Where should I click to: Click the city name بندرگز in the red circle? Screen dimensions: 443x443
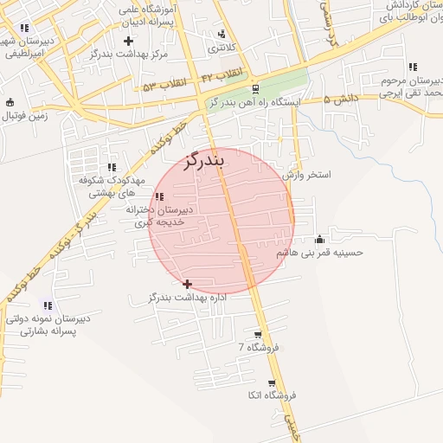204,160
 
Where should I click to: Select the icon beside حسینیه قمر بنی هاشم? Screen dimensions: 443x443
320,239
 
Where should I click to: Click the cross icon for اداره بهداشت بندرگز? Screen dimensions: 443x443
188,284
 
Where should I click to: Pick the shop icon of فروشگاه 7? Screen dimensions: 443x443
258,334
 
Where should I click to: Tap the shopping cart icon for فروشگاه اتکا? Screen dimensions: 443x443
272,383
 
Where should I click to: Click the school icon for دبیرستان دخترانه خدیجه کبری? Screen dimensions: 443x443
158,197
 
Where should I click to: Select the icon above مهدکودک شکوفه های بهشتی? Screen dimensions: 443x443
111,168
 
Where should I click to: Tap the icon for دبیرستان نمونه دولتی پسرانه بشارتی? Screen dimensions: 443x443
47,305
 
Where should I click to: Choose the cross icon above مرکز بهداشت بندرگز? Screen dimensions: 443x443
129,41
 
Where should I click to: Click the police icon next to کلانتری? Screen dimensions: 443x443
222,34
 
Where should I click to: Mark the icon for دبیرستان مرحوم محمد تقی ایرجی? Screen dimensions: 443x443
413,67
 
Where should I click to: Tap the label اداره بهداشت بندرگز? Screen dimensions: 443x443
188,298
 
